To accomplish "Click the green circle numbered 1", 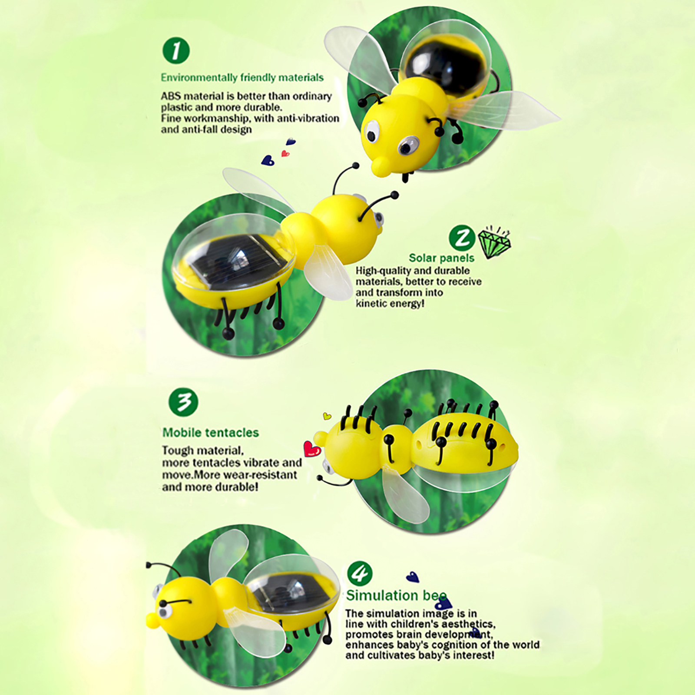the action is tap(176, 50).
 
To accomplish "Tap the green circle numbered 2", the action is tap(462, 238).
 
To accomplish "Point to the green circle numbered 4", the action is tap(360, 573).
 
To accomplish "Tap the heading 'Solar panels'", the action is tap(441, 258).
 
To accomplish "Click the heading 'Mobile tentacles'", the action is tap(211, 433).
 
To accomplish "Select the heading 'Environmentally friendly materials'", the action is tap(242, 78).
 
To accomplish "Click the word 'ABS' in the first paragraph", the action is tap(170, 96).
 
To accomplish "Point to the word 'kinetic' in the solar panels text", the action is tap(371, 303).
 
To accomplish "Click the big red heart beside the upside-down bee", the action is tap(312, 449).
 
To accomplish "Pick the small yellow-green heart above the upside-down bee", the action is tap(327, 416).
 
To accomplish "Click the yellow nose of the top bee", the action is tap(381, 166).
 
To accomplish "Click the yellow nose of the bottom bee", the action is tap(153, 620).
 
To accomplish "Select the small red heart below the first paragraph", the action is tap(285, 153).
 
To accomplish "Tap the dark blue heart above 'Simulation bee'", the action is tap(413, 577).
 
